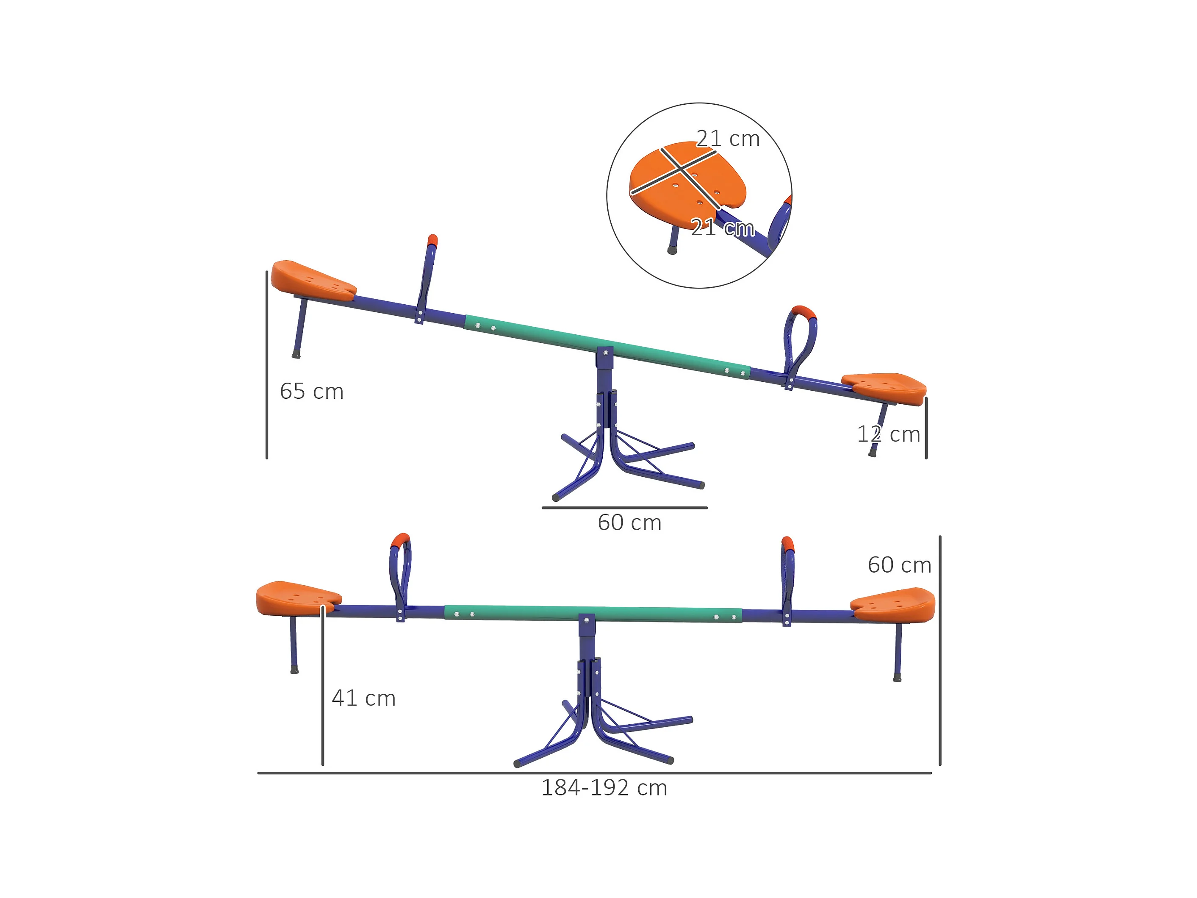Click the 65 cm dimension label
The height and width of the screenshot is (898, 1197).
[311, 391]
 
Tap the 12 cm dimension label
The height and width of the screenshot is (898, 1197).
[888, 434]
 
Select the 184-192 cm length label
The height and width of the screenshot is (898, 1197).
[604, 788]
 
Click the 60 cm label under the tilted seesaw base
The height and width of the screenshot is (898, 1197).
[629, 523]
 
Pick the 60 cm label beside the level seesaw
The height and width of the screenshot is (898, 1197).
[899, 565]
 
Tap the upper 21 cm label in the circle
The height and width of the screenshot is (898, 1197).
[727, 139]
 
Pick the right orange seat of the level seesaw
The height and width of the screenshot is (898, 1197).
[893, 605]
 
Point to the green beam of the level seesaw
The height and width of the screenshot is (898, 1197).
[593, 614]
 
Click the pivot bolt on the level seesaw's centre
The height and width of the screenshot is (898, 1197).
[586, 620]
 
